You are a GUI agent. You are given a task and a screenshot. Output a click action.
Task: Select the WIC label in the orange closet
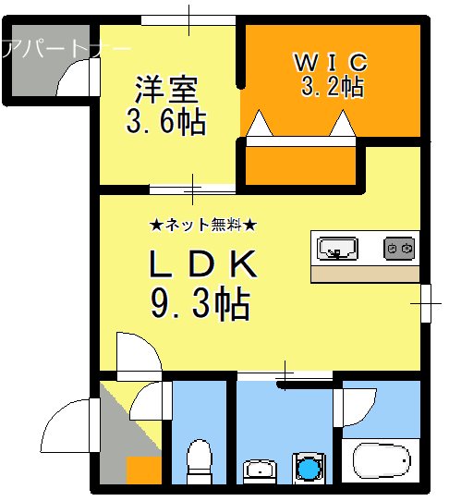coord(331,62)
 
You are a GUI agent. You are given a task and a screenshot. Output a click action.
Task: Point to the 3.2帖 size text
coord(331,87)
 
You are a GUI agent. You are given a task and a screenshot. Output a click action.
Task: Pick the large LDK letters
coord(202,266)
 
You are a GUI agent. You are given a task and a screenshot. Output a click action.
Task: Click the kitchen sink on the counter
coord(338,248)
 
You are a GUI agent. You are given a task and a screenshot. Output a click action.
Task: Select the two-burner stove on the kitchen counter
coord(399,248)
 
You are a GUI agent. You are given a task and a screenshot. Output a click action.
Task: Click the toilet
coord(198,461)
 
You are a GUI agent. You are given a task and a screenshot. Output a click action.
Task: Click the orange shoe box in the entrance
coord(143,470)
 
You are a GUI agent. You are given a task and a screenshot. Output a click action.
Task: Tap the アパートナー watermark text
coord(65,47)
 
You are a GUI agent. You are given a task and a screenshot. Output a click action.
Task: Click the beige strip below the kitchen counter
coord(365,274)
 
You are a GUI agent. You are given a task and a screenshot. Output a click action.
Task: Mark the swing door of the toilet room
coord(149,403)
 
